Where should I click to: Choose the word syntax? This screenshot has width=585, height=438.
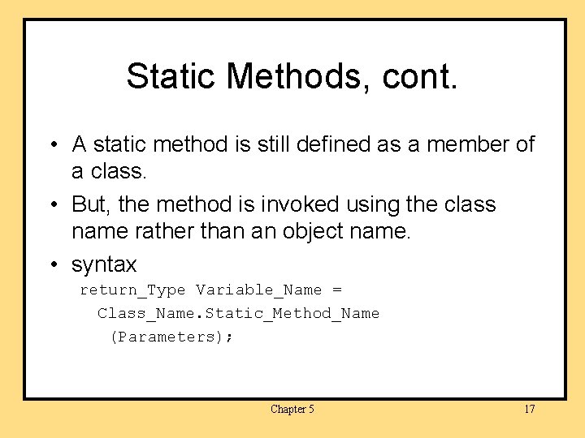104,265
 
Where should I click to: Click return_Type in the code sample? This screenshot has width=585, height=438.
132,290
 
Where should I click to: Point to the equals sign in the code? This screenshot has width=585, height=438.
337,290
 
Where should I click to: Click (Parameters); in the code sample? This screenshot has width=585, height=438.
171,337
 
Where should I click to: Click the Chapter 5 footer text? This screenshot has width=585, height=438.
292,409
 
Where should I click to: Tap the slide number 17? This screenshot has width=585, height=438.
529,409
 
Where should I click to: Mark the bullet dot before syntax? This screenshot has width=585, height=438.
51,265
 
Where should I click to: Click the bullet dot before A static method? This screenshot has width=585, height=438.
51,145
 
